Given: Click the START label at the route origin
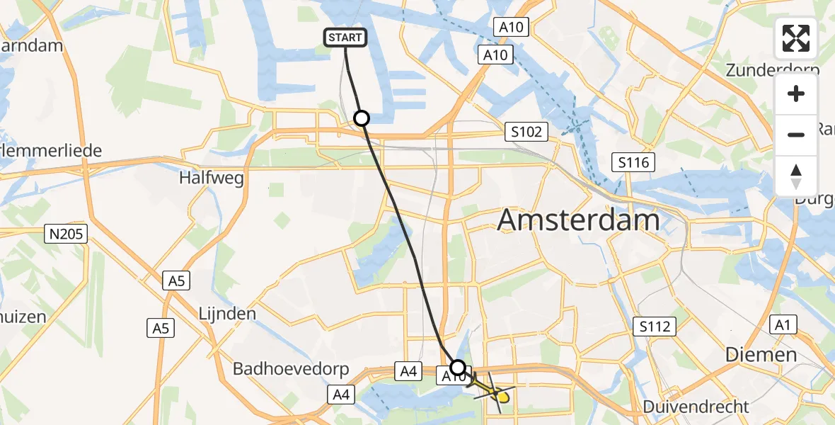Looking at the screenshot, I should (346, 38).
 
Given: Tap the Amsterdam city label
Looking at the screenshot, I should (578, 220).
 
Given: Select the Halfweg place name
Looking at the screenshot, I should (212, 177).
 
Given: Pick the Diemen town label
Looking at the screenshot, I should (761, 354).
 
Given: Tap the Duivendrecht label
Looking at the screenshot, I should (696, 407).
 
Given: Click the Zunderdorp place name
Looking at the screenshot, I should (773, 70).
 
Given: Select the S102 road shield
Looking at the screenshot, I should (527, 132).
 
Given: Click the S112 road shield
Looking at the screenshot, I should (655, 327).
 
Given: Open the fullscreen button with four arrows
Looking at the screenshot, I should (796, 38).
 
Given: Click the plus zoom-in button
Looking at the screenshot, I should (796, 93).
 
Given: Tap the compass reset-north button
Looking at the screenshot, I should (796, 176).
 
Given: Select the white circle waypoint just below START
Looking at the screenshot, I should (362, 118).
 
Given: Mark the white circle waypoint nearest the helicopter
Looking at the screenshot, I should (459, 367).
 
